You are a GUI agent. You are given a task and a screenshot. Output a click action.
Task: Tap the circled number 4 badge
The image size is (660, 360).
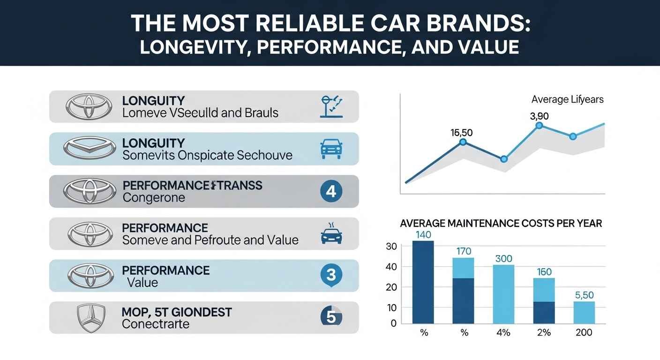pos(330,191)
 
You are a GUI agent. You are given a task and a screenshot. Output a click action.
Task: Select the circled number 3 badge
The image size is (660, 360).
pos(330,275)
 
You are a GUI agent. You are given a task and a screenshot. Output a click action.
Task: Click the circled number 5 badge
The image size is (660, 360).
pos(330,317)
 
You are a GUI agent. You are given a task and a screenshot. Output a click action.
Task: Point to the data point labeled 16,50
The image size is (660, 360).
pos(463,142)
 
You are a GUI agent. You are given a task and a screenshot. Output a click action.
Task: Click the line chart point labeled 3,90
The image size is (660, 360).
pos(539,125)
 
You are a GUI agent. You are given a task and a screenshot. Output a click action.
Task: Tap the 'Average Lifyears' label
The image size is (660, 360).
pos(567,99)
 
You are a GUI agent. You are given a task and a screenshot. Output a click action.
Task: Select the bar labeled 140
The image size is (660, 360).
pos(423,282)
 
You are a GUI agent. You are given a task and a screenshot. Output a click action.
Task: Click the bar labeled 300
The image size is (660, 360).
pos(503,294)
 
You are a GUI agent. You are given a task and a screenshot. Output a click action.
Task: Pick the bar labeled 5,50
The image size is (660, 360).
pos(584,312)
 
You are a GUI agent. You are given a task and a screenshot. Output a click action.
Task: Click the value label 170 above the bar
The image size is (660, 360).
pos(463,251)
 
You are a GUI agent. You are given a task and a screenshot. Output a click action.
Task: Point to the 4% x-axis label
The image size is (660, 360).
pos(503,333)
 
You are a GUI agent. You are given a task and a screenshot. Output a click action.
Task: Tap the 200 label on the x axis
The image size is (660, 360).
pos(584,333)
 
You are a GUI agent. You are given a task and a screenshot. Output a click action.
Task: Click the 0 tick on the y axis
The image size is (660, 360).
pos(393,323)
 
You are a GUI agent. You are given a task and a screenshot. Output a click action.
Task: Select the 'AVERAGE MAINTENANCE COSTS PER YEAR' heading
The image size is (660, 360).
pos(501,224)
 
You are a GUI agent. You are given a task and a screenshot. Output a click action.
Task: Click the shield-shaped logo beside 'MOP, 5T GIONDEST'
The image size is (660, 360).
pos(89,317)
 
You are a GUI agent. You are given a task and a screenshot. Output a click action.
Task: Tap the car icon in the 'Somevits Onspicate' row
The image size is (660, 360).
pos(330,149)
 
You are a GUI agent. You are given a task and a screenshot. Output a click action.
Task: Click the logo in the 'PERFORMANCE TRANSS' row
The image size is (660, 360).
pos(89,191)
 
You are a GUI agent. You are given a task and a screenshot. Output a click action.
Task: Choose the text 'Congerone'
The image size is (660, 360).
pos(153,198)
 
